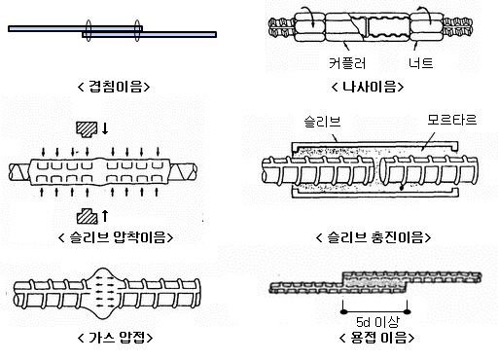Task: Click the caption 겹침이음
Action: (x=114, y=87)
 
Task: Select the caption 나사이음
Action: (x=368, y=87)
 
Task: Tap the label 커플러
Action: (x=347, y=63)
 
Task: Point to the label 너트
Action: (x=421, y=62)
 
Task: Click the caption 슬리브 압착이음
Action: (x=116, y=237)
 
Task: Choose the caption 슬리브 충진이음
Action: (x=373, y=237)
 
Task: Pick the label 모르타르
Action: (x=452, y=120)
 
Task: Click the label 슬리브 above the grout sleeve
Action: (x=322, y=122)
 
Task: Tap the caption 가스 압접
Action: (x=116, y=338)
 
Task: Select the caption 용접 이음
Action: (x=377, y=338)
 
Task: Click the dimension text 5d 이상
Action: (x=377, y=322)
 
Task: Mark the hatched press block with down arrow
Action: (x=87, y=129)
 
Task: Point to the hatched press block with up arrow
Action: (x=87, y=216)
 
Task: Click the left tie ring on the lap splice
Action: (x=89, y=30)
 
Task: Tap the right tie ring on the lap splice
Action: (x=137, y=30)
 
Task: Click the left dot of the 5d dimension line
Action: (x=343, y=312)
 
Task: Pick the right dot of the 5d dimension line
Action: (x=408, y=312)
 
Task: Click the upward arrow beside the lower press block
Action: (x=105, y=216)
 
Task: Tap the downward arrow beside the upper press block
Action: (x=105, y=128)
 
